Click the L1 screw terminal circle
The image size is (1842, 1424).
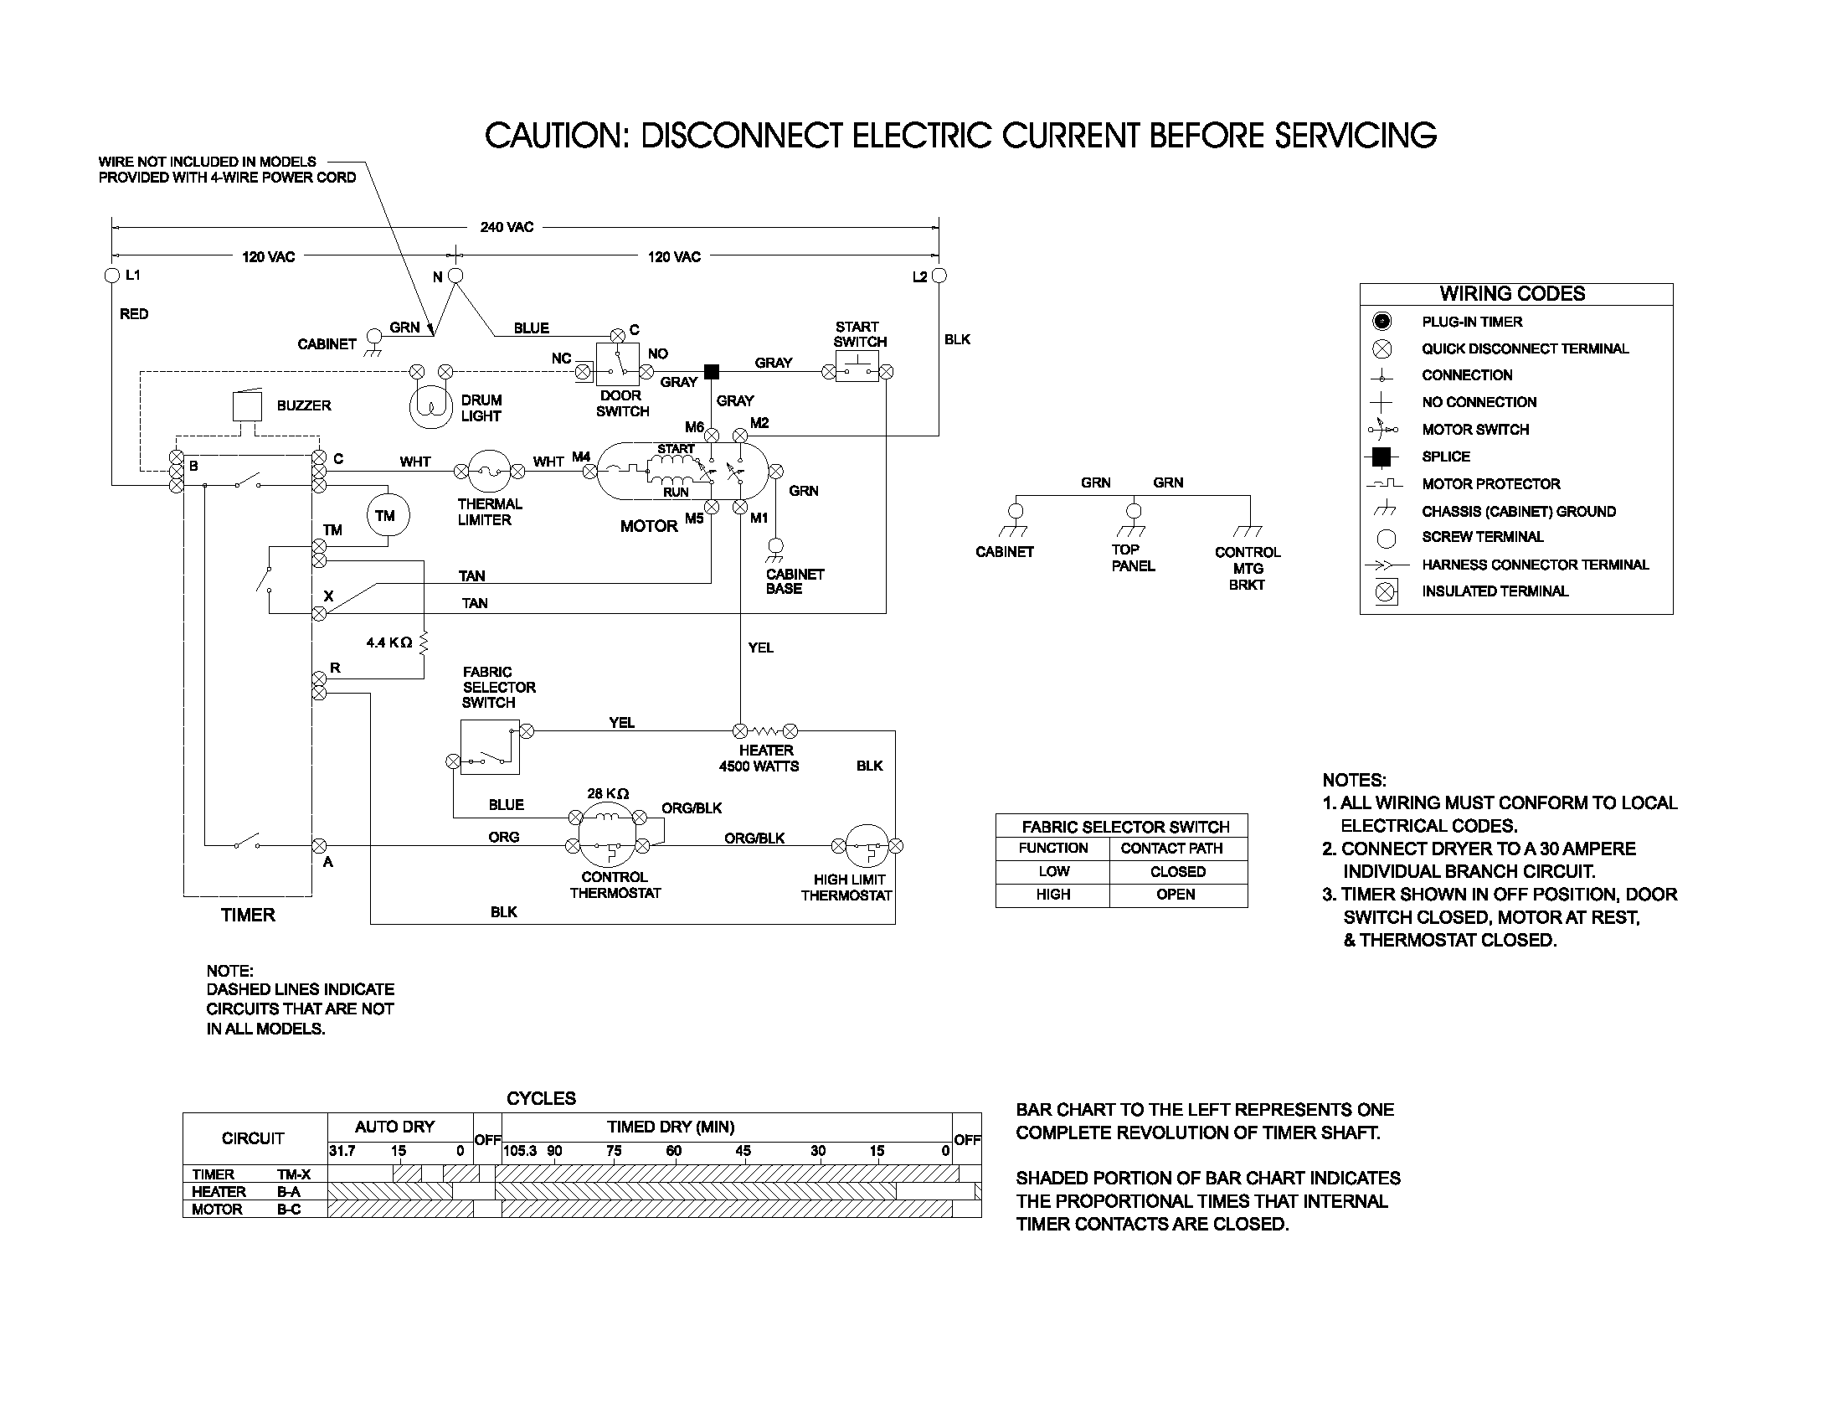click(x=111, y=276)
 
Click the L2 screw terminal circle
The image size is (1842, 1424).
click(x=939, y=276)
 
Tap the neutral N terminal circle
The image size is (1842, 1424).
click(x=455, y=276)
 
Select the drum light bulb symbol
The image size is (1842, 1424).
click(x=431, y=407)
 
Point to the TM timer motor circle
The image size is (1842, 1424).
click(x=386, y=515)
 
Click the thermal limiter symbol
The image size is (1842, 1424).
click(x=488, y=471)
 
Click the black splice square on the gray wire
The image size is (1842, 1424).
click(x=711, y=371)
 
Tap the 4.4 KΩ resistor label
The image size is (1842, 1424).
click(x=388, y=642)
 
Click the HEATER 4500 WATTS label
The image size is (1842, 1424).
click(x=759, y=757)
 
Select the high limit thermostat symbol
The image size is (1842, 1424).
click(x=867, y=845)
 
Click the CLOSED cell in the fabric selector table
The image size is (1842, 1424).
click(x=1177, y=871)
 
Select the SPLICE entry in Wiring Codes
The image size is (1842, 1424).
click(x=1446, y=457)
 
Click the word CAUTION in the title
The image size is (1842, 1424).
click(x=556, y=136)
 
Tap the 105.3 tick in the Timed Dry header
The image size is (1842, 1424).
click(x=520, y=1151)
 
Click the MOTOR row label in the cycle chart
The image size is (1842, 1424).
click(x=217, y=1209)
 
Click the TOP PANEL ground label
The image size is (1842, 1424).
click(x=1133, y=558)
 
